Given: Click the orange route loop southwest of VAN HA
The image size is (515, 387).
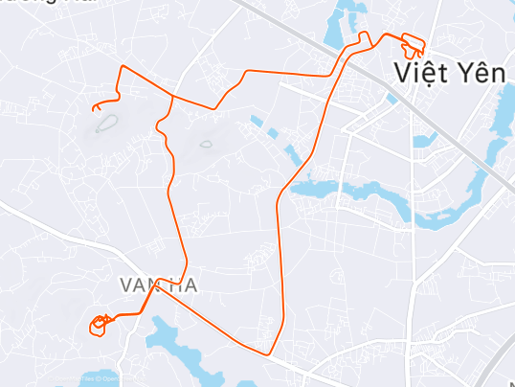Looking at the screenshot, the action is coord(98,325).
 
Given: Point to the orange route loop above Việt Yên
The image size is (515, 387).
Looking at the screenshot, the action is coord(413,44).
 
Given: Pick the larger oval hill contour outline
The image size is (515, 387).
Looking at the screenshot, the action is coord(105,123).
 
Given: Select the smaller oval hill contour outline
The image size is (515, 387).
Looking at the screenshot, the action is coord(206,145).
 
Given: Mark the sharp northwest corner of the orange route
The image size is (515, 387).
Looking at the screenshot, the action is coord(121,66).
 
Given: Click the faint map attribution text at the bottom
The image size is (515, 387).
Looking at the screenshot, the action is coord(96,378).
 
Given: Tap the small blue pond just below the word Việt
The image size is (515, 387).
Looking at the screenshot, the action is coord(392,98).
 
